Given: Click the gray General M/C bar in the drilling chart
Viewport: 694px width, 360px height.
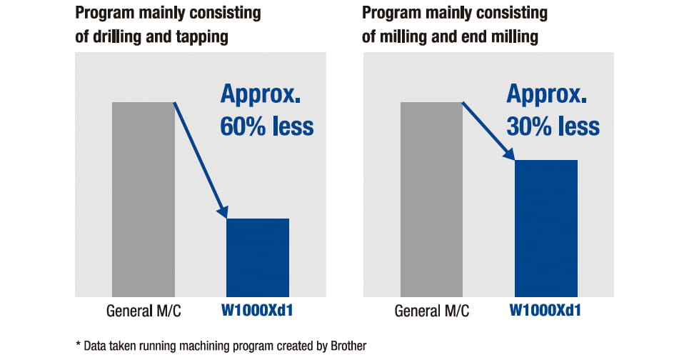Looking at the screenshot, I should [144, 199].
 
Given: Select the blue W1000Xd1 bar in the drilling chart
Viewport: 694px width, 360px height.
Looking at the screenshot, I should [258, 257].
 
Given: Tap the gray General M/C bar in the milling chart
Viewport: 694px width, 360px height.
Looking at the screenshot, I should [432, 199].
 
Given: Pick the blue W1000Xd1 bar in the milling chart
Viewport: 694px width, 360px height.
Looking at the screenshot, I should [546, 228].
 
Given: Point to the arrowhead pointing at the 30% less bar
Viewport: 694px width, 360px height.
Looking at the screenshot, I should [510, 154].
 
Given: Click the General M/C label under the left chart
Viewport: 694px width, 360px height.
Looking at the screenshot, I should [144, 311].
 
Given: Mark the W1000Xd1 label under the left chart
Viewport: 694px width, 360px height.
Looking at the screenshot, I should [258, 311].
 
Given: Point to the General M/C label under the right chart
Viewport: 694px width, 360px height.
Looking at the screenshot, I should [432, 311].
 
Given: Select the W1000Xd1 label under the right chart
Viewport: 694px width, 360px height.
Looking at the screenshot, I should [545, 311].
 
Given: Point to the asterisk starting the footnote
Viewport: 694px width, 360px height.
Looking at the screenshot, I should [78, 344].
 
